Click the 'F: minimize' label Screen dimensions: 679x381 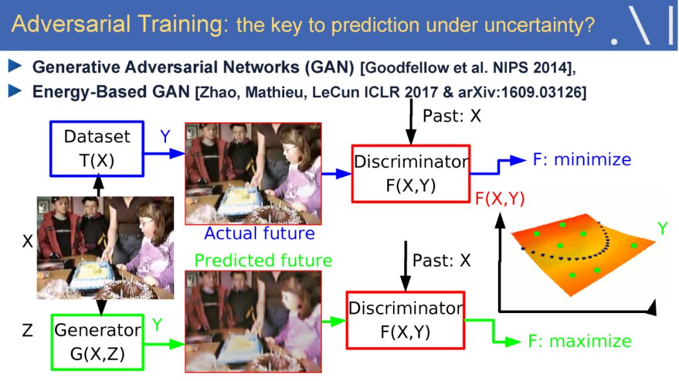[x=582, y=160]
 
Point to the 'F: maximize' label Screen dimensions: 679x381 [x=580, y=341]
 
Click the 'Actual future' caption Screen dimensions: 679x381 [x=260, y=234]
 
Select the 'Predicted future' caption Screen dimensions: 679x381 [x=263, y=260]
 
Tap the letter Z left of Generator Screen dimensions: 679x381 [x=27, y=331]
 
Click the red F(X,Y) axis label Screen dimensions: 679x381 [x=500, y=199]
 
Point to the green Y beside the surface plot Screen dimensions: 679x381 [x=662, y=228]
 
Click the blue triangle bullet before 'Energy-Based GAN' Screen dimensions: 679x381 [x=15, y=91]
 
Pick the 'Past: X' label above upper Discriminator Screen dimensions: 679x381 [x=451, y=116]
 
